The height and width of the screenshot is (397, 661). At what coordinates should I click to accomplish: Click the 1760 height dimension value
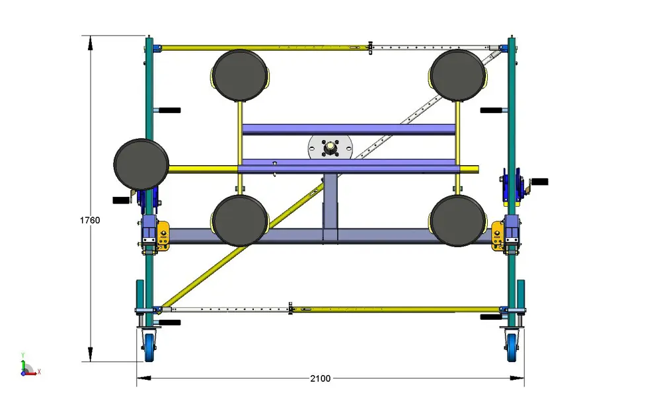coord(90,220)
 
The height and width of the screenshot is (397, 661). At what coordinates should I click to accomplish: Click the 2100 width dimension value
coord(321,379)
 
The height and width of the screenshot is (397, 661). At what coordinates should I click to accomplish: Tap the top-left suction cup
coord(240,75)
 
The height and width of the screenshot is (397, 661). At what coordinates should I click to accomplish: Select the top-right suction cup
coord(458,75)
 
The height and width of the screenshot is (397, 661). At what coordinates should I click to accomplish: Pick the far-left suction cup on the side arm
coord(141,164)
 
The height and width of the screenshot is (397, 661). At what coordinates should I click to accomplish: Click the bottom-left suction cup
coord(240,221)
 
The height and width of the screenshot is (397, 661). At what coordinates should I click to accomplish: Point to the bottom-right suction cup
coord(458,221)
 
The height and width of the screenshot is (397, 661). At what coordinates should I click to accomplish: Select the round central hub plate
coord(330,147)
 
